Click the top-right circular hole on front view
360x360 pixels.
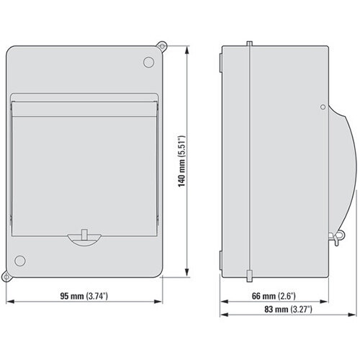click(x=149, y=63)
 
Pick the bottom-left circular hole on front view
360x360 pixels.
click(x=21, y=260)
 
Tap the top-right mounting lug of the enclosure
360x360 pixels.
click(x=163, y=45)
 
